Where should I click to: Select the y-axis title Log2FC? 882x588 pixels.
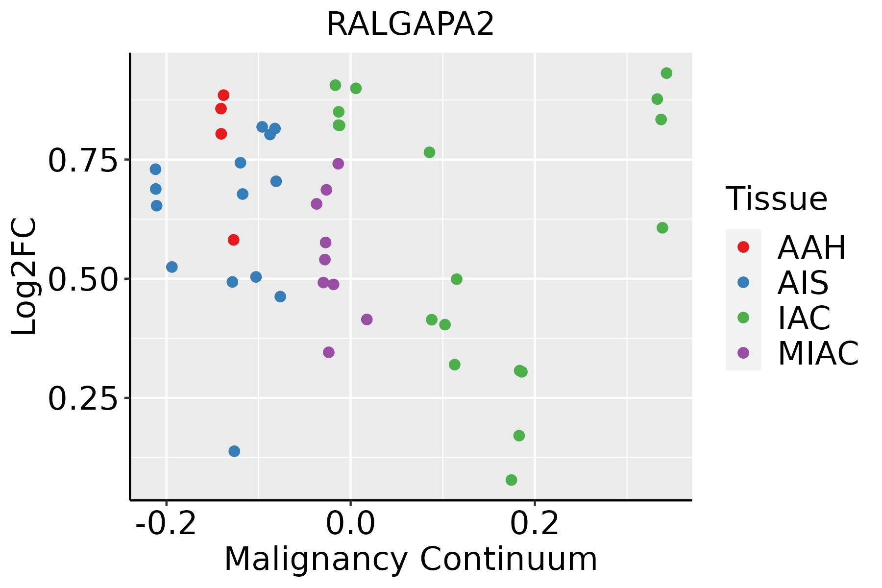[24, 277]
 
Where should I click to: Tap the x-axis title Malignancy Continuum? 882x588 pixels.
[411, 559]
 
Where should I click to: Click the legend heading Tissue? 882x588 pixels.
[777, 199]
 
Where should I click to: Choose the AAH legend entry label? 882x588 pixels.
[811, 248]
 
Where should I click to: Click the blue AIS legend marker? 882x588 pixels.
[743, 282]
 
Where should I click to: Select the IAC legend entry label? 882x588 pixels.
[804, 318]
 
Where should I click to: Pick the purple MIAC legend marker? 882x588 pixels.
[743, 353]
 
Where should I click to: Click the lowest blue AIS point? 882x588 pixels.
[235, 451]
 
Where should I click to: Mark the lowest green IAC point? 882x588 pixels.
[512, 480]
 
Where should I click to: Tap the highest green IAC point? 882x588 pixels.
[666, 73]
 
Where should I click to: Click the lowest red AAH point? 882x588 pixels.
[234, 240]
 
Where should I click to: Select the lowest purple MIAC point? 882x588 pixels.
[329, 352]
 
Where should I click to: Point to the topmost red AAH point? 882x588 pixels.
[223, 95]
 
